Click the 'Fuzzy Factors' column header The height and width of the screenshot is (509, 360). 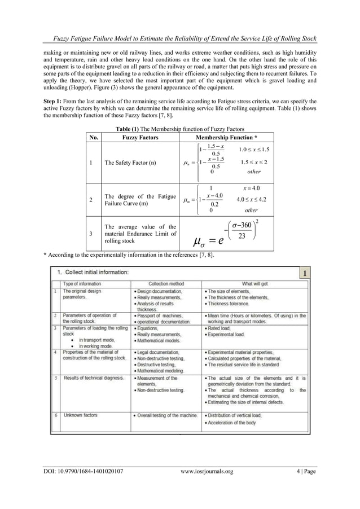[141, 138]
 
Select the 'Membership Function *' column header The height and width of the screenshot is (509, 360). [226, 138]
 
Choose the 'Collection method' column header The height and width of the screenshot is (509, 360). [166, 283]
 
